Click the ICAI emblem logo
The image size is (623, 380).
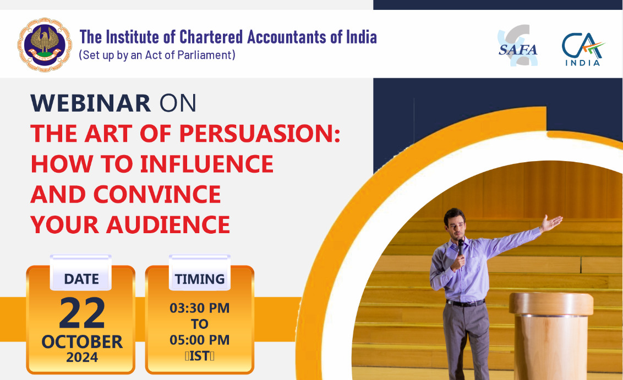pyautogui.click(x=45, y=45)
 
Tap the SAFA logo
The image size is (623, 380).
pyautogui.click(x=517, y=46)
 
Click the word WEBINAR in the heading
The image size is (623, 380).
pyautogui.click(x=91, y=103)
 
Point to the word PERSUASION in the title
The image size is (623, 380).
pyautogui.click(x=260, y=134)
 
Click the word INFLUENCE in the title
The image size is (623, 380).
pyautogui.click(x=206, y=164)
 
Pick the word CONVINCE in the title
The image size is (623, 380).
pyautogui.click(x=157, y=194)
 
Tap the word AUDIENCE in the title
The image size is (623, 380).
pyautogui.click(x=168, y=225)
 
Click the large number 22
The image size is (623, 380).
pyautogui.click(x=82, y=313)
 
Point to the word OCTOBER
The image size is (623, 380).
pyautogui.click(x=82, y=342)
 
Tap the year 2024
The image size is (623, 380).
pyautogui.click(x=82, y=357)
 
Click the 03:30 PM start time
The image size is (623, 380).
pyautogui.click(x=199, y=308)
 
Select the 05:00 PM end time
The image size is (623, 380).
pyautogui.click(x=199, y=340)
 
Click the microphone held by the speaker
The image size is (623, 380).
pyautogui.click(x=461, y=247)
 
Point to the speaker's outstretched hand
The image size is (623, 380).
pyautogui.click(x=551, y=223)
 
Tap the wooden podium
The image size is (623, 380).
pyautogui.click(x=551, y=336)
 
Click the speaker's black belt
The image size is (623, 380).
pyautogui.click(x=465, y=304)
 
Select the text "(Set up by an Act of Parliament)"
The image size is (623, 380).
pyautogui.click(x=157, y=55)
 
